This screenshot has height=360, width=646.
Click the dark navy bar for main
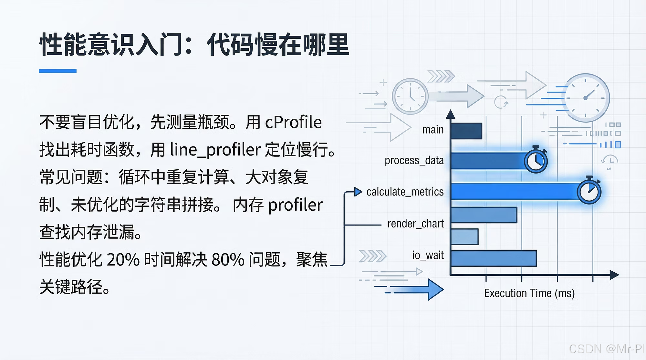click(466, 131)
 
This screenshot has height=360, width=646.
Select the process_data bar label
click(414, 160)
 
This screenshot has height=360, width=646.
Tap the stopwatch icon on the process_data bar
click(536, 160)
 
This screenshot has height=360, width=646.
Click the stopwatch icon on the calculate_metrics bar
click(589, 191)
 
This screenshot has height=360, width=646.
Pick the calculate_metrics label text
click(405, 192)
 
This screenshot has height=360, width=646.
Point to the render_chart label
click(415, 224)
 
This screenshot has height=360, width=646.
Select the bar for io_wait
click(494, 258)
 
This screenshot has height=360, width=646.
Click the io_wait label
click(428, 255)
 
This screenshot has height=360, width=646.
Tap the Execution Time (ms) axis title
click(529, 293)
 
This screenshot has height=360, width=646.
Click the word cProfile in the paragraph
click(293, 122)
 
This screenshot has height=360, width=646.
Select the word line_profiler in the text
click(215, 150)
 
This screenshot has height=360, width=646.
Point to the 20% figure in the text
click(123, 259)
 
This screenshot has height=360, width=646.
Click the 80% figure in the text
click(228, 259)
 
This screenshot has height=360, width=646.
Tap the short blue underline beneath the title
click(57, 71)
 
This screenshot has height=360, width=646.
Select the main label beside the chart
click(433, 130)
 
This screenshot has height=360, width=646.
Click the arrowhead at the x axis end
click(614, 275)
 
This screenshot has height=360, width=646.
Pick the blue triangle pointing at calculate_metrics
click(358, 192)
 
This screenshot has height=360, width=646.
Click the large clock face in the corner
click(586, 98)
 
